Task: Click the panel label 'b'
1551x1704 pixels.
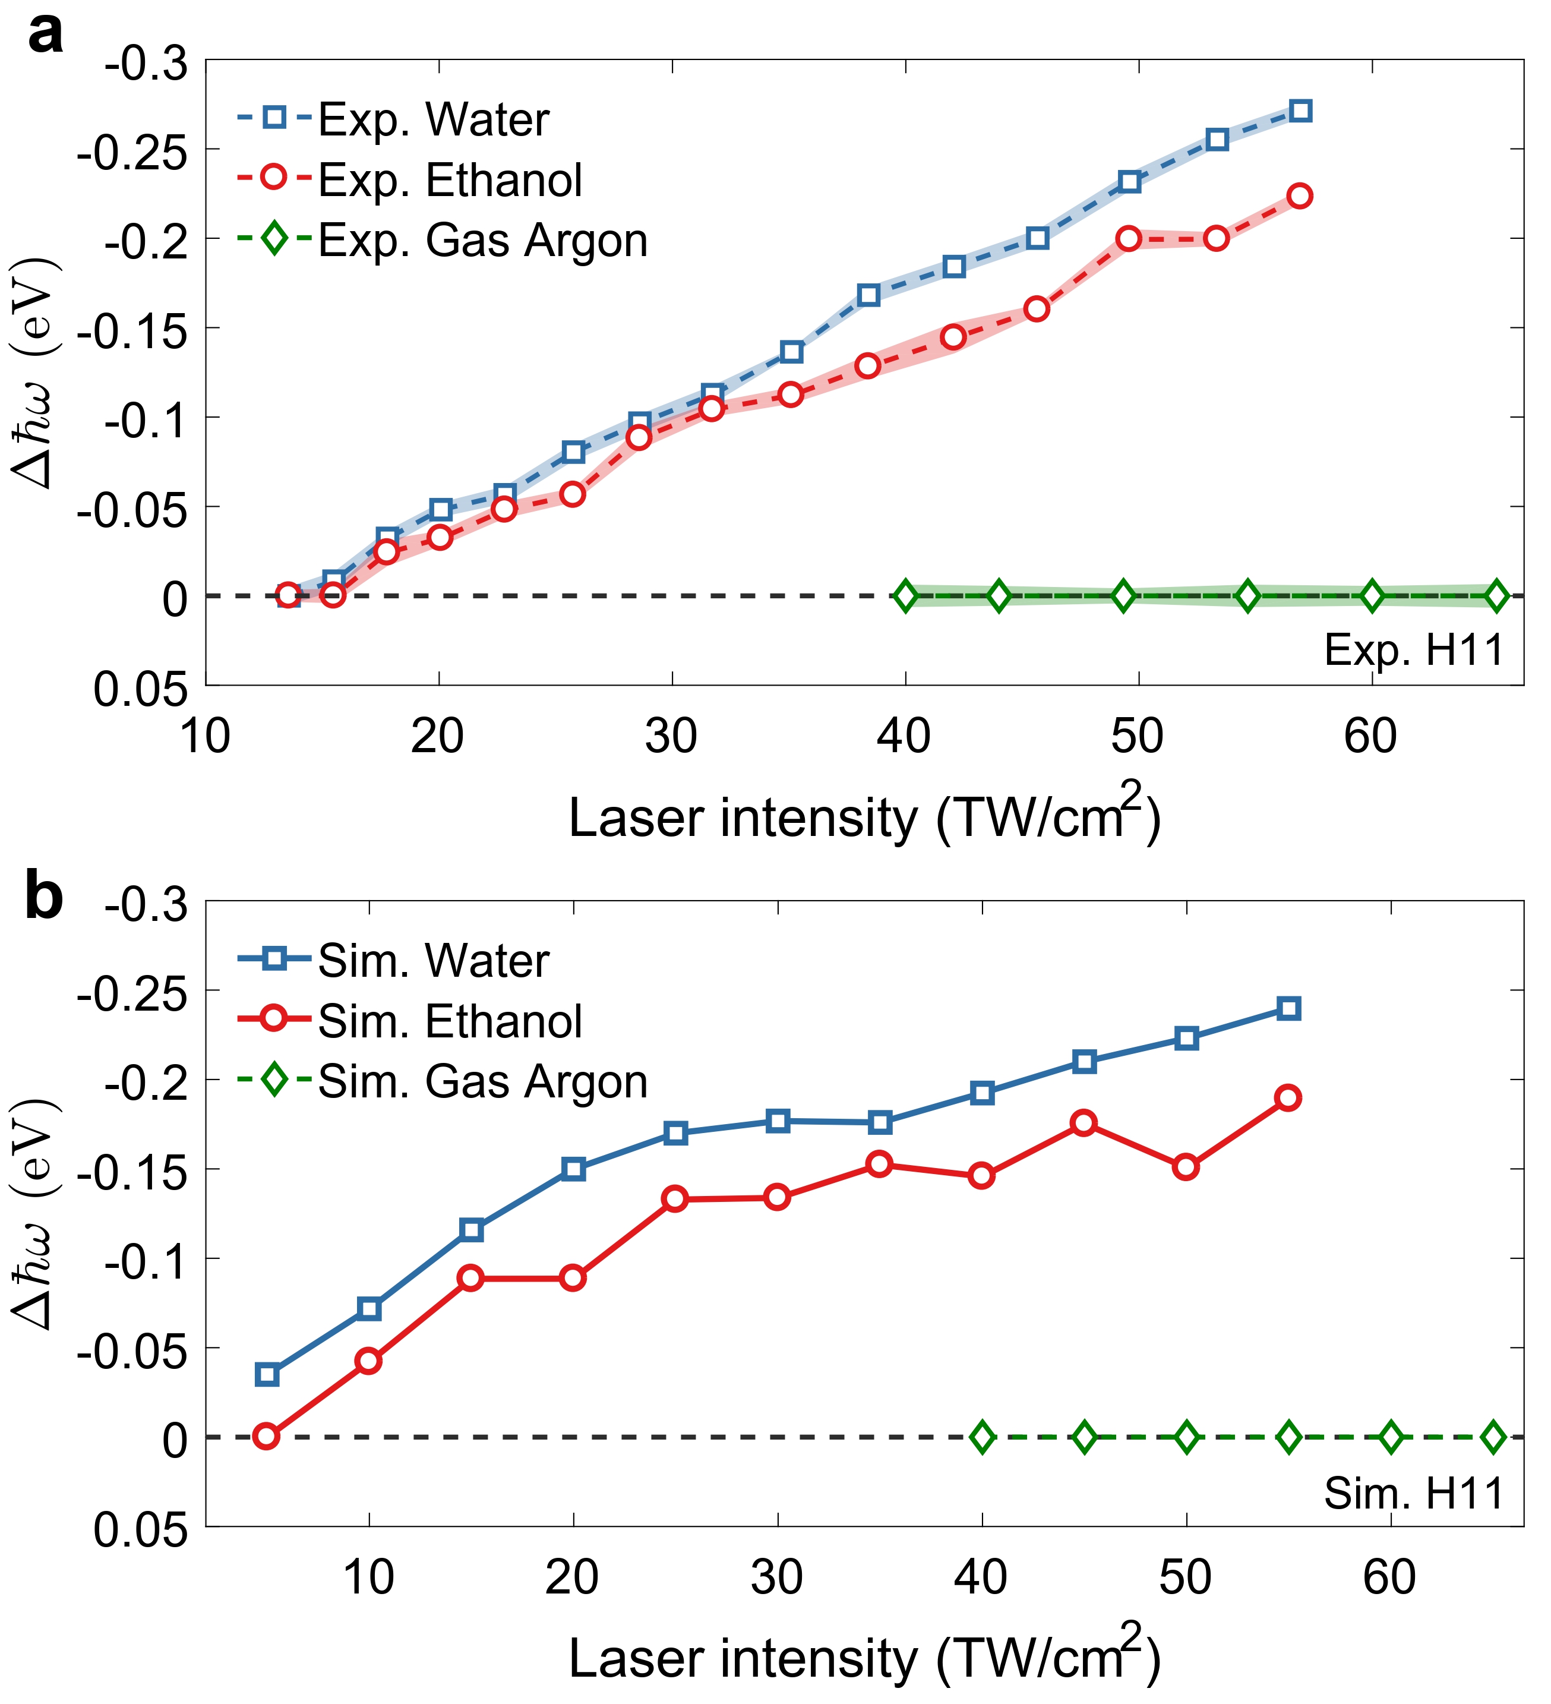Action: click(x=45, y=898)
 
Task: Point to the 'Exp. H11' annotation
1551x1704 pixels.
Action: click(x=1414, y=650)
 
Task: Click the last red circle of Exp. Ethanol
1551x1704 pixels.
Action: click(x=1300, y=196)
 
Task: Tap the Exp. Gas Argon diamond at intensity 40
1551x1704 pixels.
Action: click(x=905, y=596)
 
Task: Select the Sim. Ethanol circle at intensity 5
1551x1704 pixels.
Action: click(x=266, y=1437)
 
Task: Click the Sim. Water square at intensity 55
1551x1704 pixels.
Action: click(x=1288, y=1008)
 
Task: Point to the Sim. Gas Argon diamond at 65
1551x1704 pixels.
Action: click(x=1493, y=1437)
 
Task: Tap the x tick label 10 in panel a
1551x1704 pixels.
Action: click(x=206, y=736)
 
